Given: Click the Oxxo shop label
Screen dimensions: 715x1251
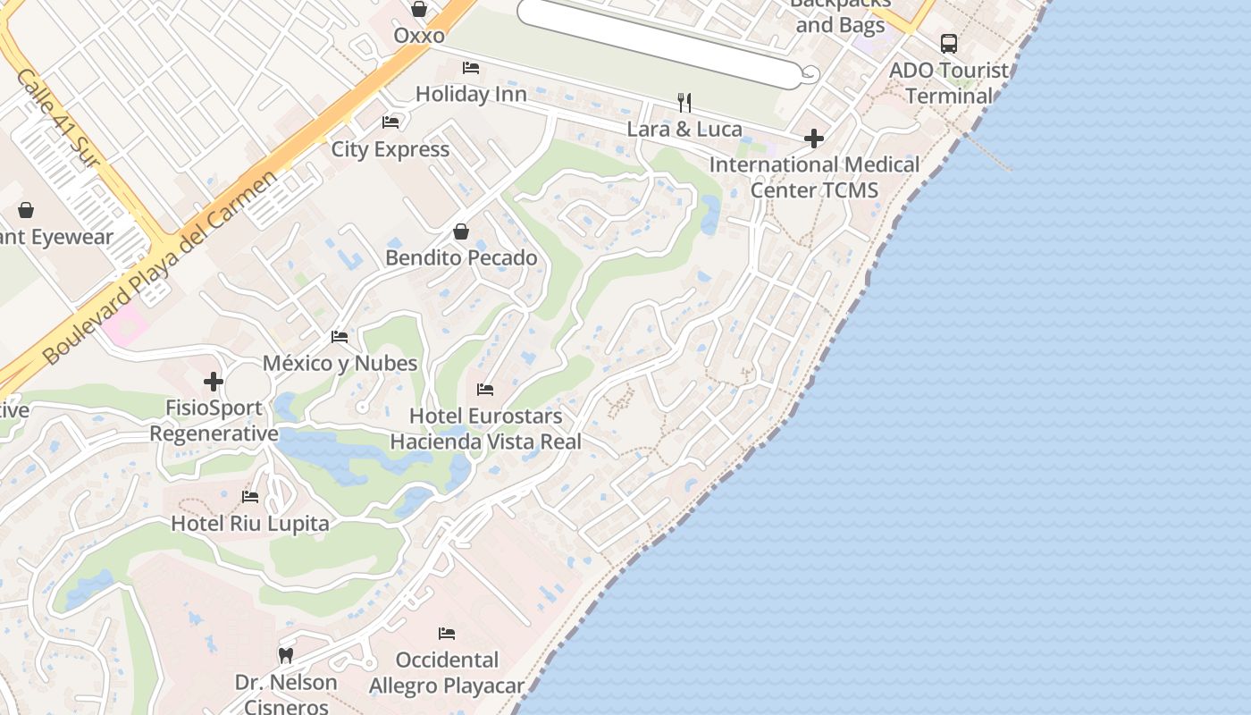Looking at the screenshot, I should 419,36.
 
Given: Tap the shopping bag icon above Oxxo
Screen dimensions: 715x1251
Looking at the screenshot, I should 419,9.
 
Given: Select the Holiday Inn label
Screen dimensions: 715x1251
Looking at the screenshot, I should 470,94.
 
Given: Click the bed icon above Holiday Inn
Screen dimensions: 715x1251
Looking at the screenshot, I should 471,68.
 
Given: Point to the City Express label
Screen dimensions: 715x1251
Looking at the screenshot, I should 390,149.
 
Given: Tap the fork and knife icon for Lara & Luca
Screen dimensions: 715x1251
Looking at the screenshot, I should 684,103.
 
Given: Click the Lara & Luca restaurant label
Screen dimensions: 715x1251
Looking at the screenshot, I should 684,129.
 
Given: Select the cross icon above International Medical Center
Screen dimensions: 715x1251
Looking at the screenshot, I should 814,139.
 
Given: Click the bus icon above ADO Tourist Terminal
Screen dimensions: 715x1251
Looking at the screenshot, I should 949,43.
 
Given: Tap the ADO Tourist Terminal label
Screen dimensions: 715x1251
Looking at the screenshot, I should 949,82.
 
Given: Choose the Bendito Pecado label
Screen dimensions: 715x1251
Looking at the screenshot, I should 461,258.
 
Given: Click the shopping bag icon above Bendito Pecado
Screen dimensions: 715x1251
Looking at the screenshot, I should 461,232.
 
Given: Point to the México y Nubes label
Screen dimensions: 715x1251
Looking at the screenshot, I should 340,363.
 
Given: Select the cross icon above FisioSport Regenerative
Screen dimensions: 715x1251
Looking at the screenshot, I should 214,382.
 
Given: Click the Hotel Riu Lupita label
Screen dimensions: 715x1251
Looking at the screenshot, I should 250,523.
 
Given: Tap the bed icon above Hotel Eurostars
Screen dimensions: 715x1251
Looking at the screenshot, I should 485,390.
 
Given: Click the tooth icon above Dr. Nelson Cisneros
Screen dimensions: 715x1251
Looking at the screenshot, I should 286,655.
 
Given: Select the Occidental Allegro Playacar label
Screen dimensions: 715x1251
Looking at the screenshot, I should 447,673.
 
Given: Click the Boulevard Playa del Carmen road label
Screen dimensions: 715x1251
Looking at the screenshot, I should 161,268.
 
